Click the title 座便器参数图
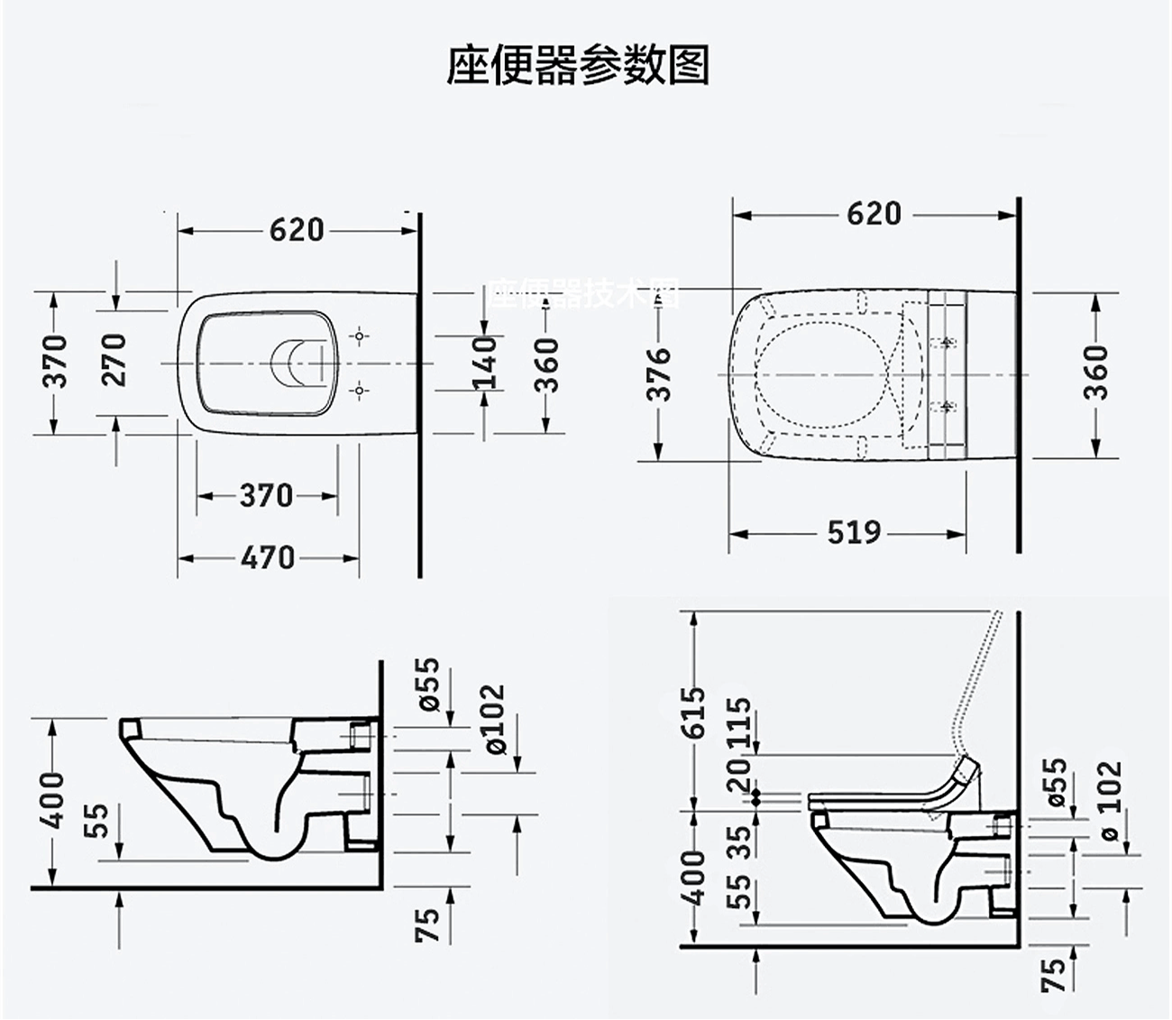point(578,65)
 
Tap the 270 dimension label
point(114,359)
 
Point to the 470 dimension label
point(268,557)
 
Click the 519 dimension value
point(853,532)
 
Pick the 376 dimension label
point(661,373)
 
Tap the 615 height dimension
point(693,712)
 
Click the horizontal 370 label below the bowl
point(266,495)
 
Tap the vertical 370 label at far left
point(56,361)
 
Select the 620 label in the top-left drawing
point(297,230)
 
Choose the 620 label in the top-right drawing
point(874,214)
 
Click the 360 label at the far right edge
point(1095,372)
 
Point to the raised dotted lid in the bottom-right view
point(978,685)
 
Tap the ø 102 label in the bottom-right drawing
point(1111,800)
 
